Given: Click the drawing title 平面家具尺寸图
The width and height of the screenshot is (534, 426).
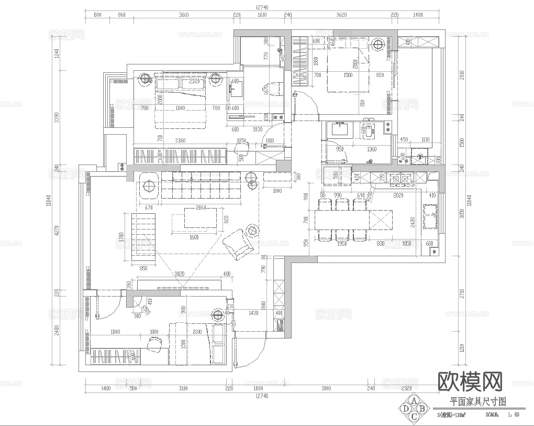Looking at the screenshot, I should (477, 402).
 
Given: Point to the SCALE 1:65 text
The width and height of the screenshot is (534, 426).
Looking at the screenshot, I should (502, 414).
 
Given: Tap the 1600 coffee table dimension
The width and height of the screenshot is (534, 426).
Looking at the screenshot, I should (194, 237).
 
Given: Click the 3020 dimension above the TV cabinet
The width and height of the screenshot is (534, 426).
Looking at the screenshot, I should (180, 274).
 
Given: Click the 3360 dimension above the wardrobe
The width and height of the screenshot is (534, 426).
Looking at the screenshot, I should (180, 140).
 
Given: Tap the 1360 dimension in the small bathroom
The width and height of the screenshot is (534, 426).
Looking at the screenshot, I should (372, 149).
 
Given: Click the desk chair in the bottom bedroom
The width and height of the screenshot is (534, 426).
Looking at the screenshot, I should (154, 343).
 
